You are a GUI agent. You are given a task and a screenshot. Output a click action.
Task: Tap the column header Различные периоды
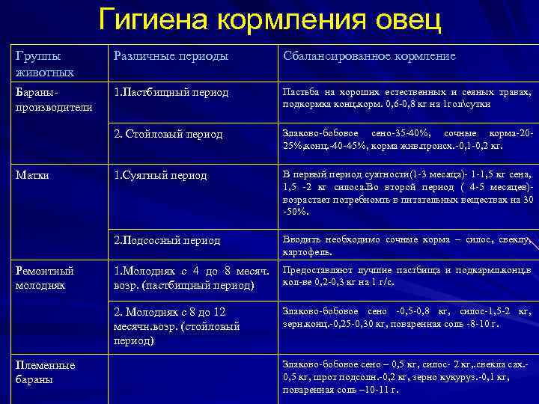(x=171, y=57)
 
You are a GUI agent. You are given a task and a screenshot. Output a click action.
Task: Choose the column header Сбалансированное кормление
(x=368, y=57)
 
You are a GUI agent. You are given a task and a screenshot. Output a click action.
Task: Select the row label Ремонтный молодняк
(x=44, y=277)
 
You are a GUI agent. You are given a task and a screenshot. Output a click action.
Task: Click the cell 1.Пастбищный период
(x=171, y=93)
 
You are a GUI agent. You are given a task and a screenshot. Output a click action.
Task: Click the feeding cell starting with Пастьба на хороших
(x=406, y=98)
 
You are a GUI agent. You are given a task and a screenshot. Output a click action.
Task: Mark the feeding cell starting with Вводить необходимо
(x=406, y=245)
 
